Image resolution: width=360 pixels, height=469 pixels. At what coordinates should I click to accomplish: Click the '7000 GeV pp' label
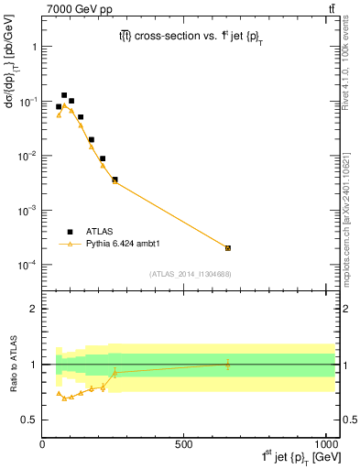click(71, 8)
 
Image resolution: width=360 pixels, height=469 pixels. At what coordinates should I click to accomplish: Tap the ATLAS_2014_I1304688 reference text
click(191, 274)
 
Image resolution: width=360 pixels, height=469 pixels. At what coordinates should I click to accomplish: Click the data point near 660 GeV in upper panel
click(228, 248)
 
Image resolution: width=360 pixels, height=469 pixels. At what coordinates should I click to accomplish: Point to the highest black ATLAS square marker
click(64, 95)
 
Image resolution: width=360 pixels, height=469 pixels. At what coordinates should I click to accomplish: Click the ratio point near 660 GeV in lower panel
click(228, 364)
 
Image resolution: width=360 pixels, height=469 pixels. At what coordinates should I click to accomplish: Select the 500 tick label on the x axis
click(183, 444)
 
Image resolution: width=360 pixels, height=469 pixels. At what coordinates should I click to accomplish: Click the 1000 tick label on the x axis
click(324, 444)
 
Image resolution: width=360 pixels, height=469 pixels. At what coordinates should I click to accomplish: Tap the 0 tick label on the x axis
click(43, 444)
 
